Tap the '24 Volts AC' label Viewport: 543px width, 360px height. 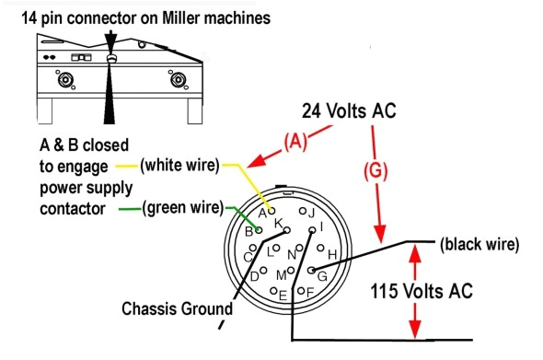tap(351, 110)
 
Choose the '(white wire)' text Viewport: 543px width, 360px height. tap(179, 166)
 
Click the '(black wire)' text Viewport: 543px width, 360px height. tap(479, 245)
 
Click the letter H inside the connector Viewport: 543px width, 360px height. tap(332, 253)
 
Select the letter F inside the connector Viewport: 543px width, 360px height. tap(310, 293)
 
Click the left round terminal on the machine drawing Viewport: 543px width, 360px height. tap(66, 80)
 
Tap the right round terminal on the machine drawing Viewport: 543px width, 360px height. tap(175, 80)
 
